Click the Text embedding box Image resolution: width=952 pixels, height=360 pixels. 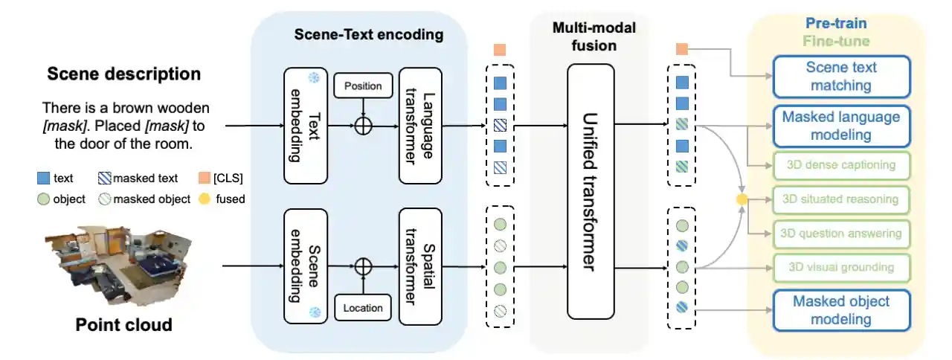point(306,126)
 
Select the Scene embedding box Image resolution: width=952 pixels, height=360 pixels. point(306,266)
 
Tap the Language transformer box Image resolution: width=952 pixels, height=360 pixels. point(420,126)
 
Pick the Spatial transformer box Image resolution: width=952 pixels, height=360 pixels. point(420,266)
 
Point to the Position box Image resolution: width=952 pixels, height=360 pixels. point(363,86)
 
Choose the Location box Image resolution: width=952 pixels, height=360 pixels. point(363,306)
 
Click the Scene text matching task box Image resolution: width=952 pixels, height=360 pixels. point(841,77)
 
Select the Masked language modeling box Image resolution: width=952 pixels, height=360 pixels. point(841,126)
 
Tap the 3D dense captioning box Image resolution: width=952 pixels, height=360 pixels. point(841,164)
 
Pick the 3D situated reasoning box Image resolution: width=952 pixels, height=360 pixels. point(841,199)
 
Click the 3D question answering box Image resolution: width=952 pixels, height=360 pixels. point(841,234)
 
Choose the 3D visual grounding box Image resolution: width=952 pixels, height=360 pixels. point(841,268)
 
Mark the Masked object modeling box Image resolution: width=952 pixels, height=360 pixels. point(841,310)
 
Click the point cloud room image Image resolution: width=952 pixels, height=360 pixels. point(118,266)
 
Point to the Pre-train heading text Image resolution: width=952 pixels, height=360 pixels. point(837,24)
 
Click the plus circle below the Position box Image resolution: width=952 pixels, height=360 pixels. point(363,126)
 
